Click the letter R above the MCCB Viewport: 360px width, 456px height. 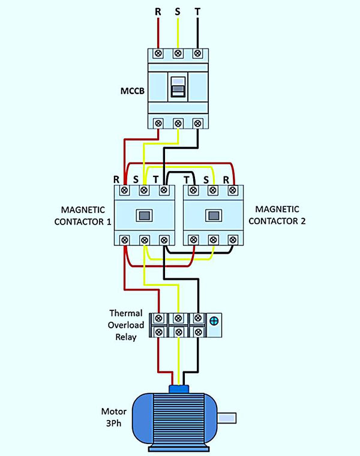pos(158,11)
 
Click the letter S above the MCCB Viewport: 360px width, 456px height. pos(178,11)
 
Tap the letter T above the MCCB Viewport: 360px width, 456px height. pos(197,11)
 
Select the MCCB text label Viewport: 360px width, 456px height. pos(131,92)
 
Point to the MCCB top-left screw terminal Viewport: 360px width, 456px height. pos(158,53)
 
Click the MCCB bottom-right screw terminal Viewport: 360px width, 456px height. pos(197,123)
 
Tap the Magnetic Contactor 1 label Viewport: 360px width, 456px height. pos(86,215)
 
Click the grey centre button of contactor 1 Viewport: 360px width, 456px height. pos(144,215)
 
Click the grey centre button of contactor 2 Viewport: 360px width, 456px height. pos(212,215)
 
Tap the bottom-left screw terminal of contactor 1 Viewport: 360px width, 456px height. pos(124,240)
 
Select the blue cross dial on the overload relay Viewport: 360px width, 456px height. pos(214,321)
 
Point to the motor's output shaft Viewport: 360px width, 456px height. pos(228,418)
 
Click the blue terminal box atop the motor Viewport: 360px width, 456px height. pos(178,388)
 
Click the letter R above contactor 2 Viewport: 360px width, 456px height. pos(226,179)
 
